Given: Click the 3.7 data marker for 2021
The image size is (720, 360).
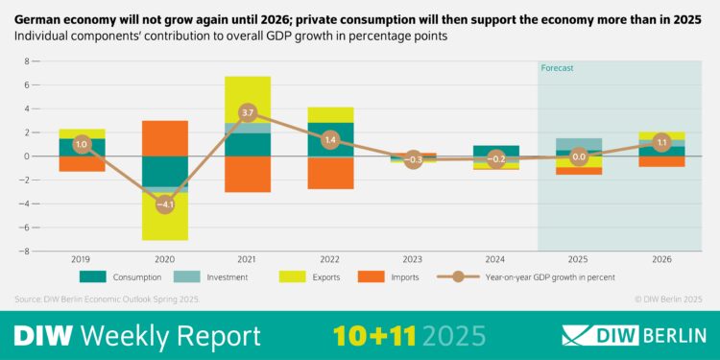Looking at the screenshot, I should tap(248, 112).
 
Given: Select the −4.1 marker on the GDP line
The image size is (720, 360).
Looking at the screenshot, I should tap(165, 204).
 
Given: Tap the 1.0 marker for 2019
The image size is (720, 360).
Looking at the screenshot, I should tap(82, 144).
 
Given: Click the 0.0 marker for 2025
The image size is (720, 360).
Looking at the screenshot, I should tap(578, 156).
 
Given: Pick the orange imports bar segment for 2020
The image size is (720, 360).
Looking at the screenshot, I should tap(165, 138).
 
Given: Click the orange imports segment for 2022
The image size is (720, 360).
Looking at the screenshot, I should tap(330, 173).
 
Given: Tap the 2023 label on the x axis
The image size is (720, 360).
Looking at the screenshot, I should tap(413, 259).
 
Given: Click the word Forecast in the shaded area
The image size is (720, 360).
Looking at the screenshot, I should tap(557, 68).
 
